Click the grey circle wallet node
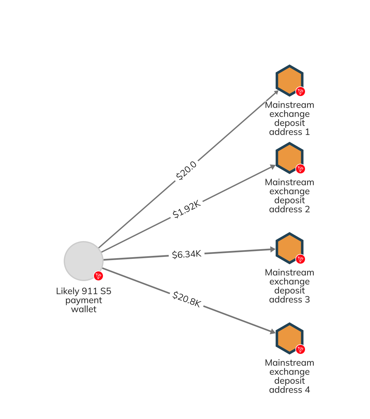pos(83,261)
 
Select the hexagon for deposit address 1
pos(289,80)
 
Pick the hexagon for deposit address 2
pos(289,158)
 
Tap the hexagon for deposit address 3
pos(289,248)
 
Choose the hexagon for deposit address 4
pos(289,338)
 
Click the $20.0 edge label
pos(186,171)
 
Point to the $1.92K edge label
pos(187,209)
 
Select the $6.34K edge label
pos(187,254)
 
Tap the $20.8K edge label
pos(187,299)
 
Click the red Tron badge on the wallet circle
pos(98,276)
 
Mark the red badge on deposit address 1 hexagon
pos(300,92)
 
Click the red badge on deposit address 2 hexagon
pos(300,169)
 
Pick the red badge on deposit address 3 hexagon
pos(300,259)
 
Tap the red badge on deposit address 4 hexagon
pos(300,349)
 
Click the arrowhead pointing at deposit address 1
pos(276,93)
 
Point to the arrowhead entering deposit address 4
pos(273,331)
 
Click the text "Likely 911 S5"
pos(84,291)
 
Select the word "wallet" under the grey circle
pos(84,309)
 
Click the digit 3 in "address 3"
pos(307,299)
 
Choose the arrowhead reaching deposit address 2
pos(273,167)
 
